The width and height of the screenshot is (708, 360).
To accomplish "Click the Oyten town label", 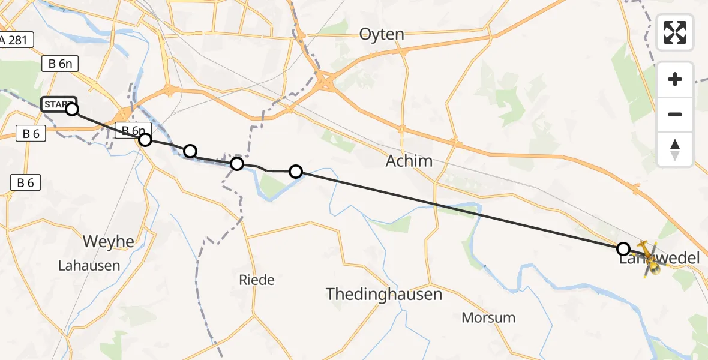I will point(382,34).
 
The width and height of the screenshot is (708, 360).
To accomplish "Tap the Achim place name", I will point(409,161).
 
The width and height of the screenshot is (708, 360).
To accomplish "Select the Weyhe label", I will point(109,242).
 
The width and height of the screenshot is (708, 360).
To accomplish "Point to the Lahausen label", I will point(89,265).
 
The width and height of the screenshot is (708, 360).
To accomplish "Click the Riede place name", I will point(256,280).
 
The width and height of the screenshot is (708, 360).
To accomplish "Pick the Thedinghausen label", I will point(384,295).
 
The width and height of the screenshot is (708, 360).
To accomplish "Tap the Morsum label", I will point(488,317).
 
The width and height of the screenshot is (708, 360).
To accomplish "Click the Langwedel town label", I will point(659,259).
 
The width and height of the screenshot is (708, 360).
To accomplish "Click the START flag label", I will point(57,104).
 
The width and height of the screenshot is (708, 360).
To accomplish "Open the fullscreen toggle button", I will point(675,32).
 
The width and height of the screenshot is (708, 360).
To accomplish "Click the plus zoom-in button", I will point(675,79).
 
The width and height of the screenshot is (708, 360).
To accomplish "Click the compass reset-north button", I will point(675,149).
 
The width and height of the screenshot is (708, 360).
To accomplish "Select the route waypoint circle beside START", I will point(72,109).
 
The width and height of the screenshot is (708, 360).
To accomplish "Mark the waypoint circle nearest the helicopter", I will point(623,248).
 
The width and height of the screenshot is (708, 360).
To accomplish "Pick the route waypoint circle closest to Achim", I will point(296,172).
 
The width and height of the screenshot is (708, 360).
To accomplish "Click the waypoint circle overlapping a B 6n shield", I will point(145,140).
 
